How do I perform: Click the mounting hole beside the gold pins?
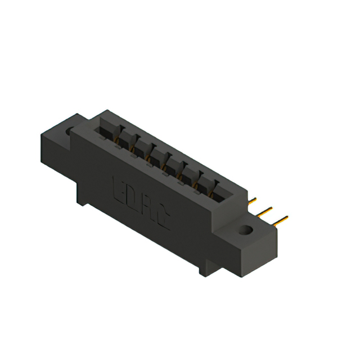coord(245,229)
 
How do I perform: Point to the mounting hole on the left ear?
coord(70,131)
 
